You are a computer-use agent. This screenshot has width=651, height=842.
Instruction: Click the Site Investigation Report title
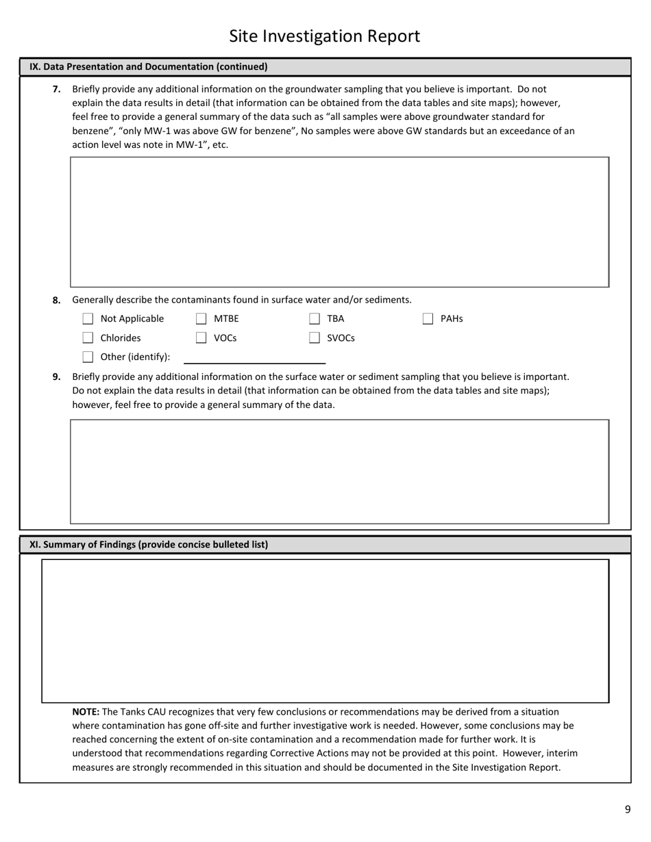pos(324,36)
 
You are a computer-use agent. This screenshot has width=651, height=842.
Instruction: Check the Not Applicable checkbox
pos(88,318)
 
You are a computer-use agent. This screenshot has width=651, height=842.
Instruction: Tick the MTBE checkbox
pos(201,318)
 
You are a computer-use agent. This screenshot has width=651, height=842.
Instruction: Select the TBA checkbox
pos(315,318)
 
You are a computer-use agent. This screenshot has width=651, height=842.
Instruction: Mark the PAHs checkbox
pos(428,318)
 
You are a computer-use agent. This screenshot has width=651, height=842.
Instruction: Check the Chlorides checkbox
pos(88,337)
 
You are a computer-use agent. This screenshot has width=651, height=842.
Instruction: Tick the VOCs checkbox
pos(201,337)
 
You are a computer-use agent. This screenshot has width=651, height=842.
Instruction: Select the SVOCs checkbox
pos(315,337)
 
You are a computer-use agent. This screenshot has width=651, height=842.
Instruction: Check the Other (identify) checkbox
pos(88,357)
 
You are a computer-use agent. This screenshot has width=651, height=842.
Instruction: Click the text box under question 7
pos(339,222)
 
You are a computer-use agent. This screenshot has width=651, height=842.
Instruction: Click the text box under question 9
pos(339,472)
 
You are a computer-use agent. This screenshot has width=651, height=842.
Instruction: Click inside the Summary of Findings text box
pos(325,630)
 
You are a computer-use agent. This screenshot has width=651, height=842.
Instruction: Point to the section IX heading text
pos(149,67)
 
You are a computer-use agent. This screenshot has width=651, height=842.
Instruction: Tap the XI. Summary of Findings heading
pos(149,545)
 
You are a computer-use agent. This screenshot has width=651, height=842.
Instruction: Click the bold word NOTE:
pos(86,712)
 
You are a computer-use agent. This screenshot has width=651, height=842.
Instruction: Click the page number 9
pos(627,810)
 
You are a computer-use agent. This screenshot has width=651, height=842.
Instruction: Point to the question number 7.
pos(57,89)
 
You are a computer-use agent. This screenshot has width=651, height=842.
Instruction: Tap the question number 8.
pos(57,300)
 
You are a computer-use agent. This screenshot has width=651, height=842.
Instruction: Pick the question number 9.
pos(57,377)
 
